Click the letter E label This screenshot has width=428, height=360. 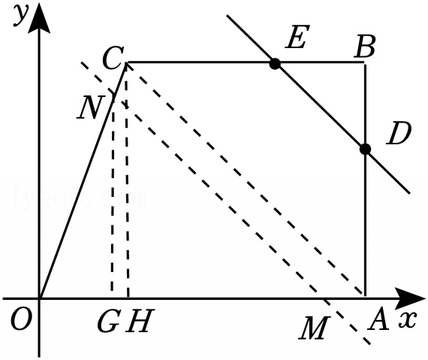(297, 36)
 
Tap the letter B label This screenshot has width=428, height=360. (365, 47)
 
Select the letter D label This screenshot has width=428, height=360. (399, 133)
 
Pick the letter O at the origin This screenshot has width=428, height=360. (21, 319)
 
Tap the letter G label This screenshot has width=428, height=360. (108, 321)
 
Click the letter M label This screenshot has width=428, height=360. (315, 328)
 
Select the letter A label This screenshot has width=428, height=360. (378, 319)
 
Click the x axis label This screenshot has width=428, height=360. (408, 319)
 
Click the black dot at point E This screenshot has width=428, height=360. (275, 64)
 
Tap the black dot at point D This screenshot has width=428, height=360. (365, 149)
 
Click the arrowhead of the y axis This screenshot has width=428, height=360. (39, 17)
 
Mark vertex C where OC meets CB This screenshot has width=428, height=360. (127, 63)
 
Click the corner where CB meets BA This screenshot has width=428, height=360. (365, 63)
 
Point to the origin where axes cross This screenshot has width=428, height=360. (40, 298)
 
